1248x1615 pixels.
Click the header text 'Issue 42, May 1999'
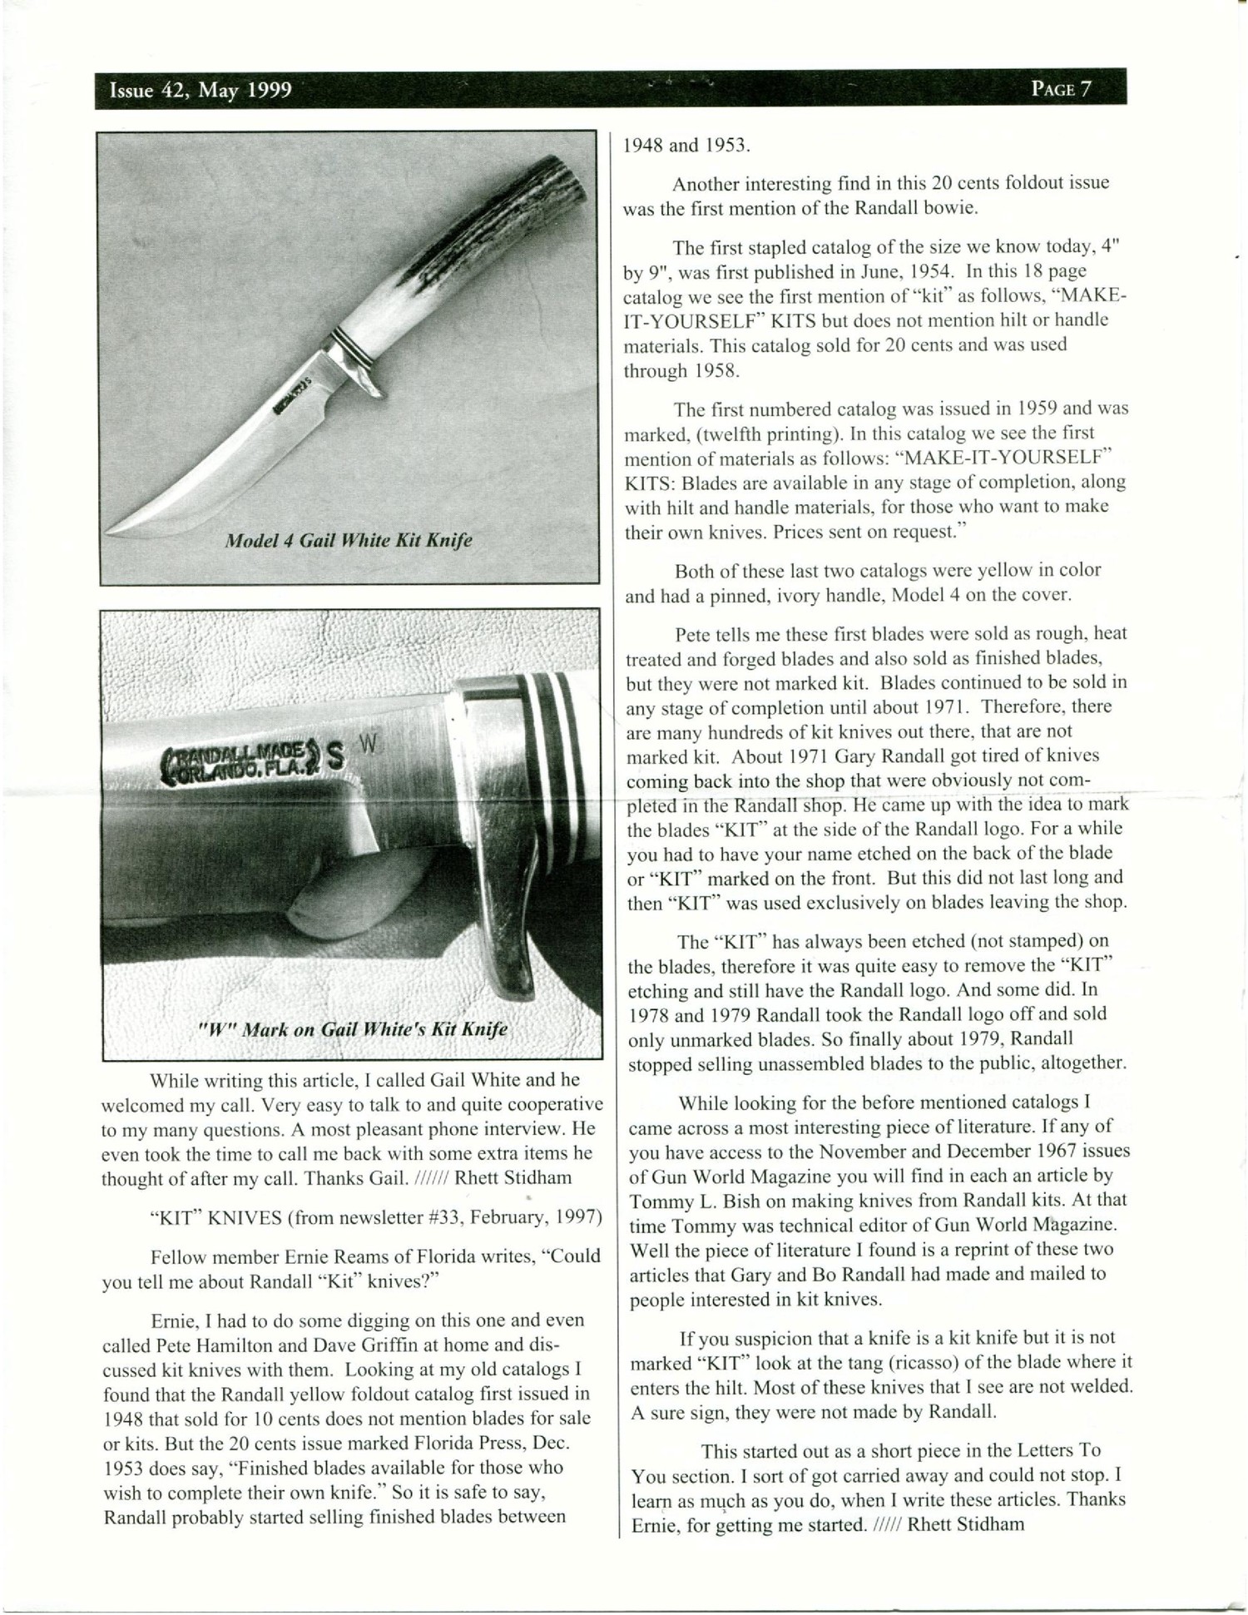click(201, 91)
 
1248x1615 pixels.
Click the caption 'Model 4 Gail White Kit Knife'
click(349, 541)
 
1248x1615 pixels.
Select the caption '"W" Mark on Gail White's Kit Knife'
click(353, 1029)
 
